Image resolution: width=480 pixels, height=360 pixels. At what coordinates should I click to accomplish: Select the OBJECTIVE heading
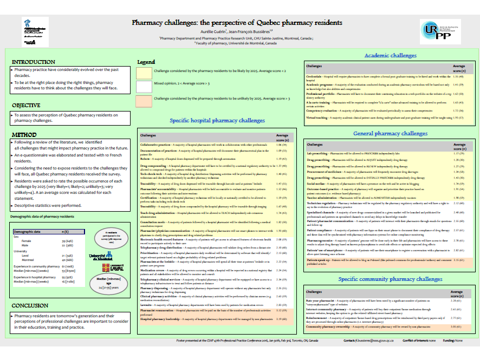point(26,105)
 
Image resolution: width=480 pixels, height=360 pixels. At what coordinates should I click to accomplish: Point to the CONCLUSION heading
point(30,305)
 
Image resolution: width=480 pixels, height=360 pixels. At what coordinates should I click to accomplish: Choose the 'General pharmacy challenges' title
point(390,133)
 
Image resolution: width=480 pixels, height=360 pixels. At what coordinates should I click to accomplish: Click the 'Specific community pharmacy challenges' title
point(390,279)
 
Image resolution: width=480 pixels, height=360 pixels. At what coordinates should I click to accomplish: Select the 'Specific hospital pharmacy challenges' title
point(217,121)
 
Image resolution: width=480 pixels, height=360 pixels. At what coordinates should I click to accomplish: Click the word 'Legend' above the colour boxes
point(146,62)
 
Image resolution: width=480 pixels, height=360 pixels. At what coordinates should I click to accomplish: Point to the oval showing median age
point(113,284)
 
